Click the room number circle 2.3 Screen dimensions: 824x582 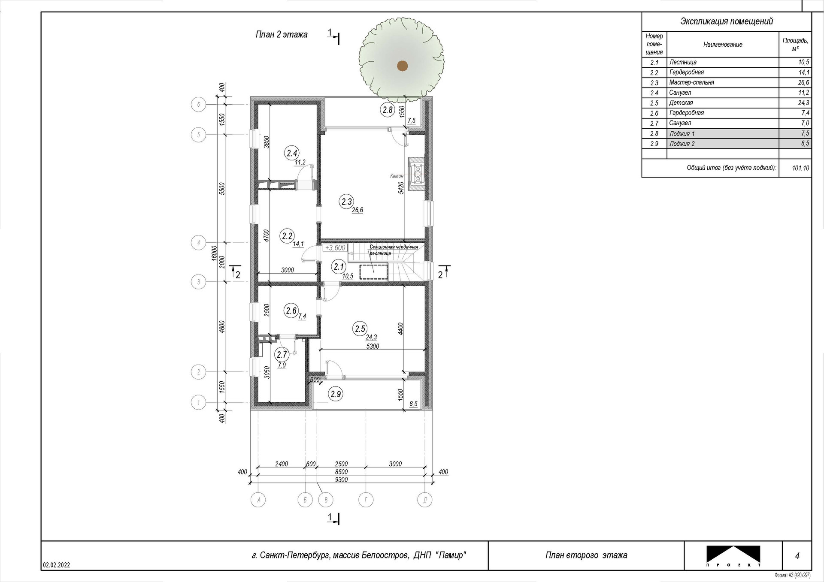pyautogui.click(x=346, y=202)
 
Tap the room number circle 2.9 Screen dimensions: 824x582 pyautogui.click(x=336, y=394)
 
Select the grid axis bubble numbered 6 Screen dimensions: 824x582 pyautogui.click(x=198, y=104)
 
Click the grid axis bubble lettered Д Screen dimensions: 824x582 pyautogui.click(x=425, y=500)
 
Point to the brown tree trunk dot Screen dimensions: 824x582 pyautogui.click(x=402, y=65)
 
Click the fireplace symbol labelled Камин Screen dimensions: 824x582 pyautogui.click(x=417, y=175)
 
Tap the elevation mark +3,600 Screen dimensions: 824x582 pyautogui.click(x=335, y=248)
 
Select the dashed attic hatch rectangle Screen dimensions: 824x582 pyautogui.click(x=374, y=272)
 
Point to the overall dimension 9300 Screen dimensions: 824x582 pyautogui.click(x=341, y=479)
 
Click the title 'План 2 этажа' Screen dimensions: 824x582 pyautogui.click(x=282, y=35)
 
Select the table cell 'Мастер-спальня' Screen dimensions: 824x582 pyautogui.click(x=691, y=82)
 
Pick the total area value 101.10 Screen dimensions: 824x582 pyautogui.click(x=800, y=168)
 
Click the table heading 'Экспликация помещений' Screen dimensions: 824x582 pyautogui.click(x=727, y=21)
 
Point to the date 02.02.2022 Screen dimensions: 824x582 pyautogui.click(x=56, y=565)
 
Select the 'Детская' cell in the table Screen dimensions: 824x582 pyautogui.click(x=681, y=103)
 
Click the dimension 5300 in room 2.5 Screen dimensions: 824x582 pyautogui.click(x=373, y=346)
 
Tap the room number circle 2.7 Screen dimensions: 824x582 pyautogui.click(x=282, y=355)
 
